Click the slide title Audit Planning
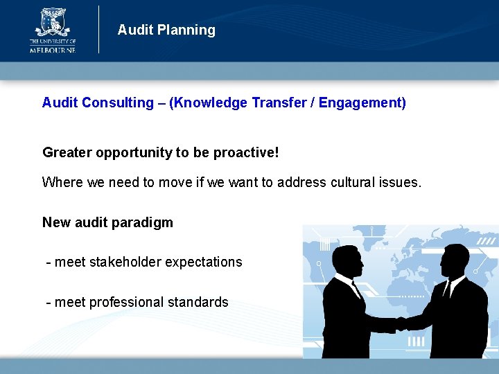click(166, 30)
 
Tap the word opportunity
click(131, 152)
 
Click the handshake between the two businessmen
click(401, 323)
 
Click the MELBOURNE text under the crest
click(53, 49)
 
